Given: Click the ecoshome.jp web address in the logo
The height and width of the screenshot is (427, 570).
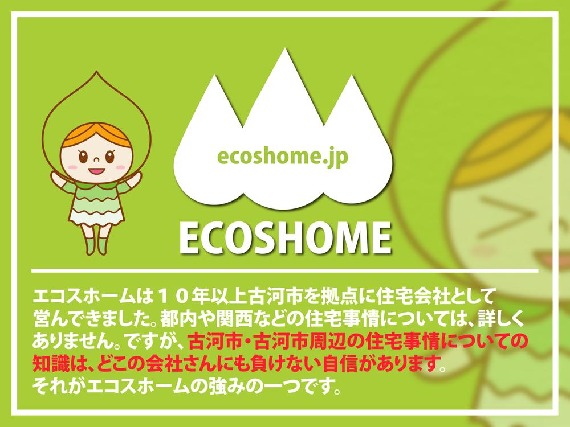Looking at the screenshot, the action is [283, 157].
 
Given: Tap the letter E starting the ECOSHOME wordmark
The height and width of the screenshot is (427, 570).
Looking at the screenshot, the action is [190, 238].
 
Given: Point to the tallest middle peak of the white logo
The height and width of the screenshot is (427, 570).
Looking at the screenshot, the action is [283, 51].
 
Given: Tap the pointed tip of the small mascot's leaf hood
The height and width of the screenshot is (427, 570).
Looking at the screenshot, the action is [96, 72].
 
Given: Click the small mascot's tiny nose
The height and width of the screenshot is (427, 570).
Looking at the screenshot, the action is [96, 159].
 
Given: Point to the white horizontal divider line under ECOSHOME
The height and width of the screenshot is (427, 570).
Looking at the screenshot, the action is [284, 271].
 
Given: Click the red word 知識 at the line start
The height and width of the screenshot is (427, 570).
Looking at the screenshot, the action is [51, 363].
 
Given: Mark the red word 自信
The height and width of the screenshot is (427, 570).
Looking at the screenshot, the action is [341, 363].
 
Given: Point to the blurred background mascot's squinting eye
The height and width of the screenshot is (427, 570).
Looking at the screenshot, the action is [498, 213].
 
